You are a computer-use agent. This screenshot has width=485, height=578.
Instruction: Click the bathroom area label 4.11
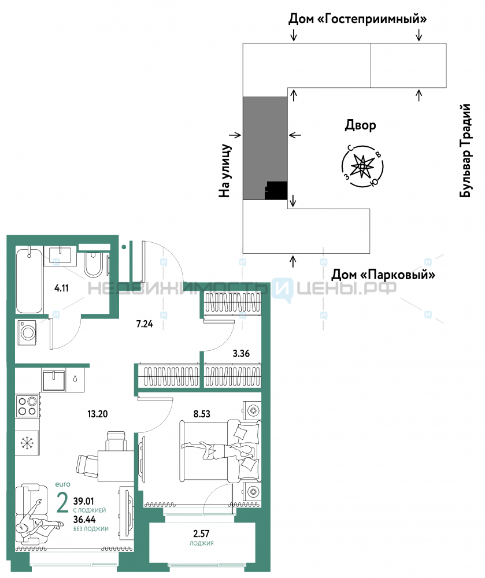tap(61, 288)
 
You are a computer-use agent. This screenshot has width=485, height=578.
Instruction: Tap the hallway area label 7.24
tap(145, 324)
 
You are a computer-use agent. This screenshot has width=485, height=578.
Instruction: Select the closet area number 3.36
tap(241, 354)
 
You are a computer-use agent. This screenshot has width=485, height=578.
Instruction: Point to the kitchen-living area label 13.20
tap(97, 414)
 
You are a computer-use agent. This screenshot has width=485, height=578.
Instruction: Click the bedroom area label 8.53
tap(202, 414)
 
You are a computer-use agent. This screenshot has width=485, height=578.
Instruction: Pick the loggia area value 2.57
tap(201, 533)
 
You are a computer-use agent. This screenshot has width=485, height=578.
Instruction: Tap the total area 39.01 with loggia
tap(84, 501)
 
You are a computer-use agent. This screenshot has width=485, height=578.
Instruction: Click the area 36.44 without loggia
tap(84, 520)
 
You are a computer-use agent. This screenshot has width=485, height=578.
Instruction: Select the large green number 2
tap(62, 503)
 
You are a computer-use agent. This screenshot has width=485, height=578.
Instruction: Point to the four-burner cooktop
tap(28, 406)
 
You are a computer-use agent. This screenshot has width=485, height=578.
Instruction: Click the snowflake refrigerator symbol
tap(27, 443)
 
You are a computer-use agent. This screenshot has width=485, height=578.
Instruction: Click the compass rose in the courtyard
tap(362, 166)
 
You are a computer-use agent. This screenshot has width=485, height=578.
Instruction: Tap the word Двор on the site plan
tap(361, 125)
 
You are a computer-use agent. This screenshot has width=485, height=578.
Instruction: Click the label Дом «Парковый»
tap(383, 275)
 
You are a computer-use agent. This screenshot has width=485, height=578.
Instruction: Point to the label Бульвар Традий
tap(465, 150)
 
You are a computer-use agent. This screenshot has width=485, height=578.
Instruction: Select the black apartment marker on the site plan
tap(276, 191)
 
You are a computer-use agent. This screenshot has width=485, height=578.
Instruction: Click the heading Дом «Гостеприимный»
tap(357, 18)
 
